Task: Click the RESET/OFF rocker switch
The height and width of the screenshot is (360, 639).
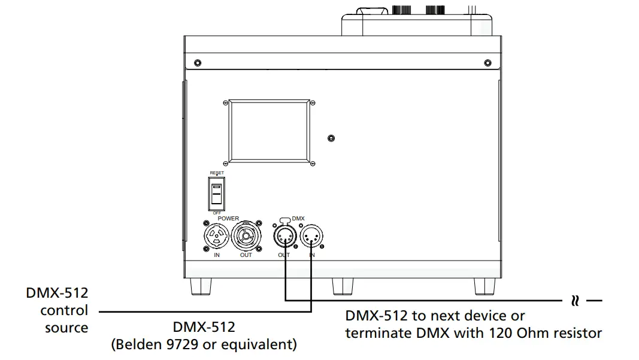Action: pos(217,193)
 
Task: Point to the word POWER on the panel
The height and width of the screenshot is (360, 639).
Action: pos(228,219)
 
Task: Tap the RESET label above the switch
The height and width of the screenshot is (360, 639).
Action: pos(217,173)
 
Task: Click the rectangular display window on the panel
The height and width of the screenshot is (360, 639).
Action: pos(269,131)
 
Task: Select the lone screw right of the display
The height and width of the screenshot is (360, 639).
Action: pos(332,138)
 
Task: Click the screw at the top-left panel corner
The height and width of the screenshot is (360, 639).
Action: pos(198,63)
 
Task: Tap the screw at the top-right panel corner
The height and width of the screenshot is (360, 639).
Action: pos(485,63)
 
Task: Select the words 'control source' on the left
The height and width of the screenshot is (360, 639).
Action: pos(64,319)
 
